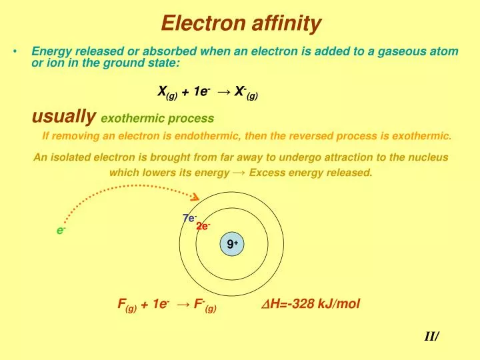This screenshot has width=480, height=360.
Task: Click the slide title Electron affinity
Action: click(x=241, y=25)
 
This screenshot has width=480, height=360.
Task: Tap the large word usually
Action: click(x=64, y=117)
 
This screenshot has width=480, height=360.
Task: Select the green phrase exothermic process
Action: click(x=157, y=119)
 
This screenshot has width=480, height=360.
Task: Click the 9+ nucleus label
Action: click(x=232, y=245)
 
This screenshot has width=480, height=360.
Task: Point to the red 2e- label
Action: click(x=203, y=226)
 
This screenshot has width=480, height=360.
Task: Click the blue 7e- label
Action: click(x=189, y=217)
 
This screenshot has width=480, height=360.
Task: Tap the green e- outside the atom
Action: click(x=61, y=230)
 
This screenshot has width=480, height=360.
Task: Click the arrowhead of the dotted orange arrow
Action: click(x=196, y=197)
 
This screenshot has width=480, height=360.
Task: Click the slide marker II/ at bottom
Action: click(x=431, y=337)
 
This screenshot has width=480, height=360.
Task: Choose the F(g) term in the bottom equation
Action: click(x=126, y=305)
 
